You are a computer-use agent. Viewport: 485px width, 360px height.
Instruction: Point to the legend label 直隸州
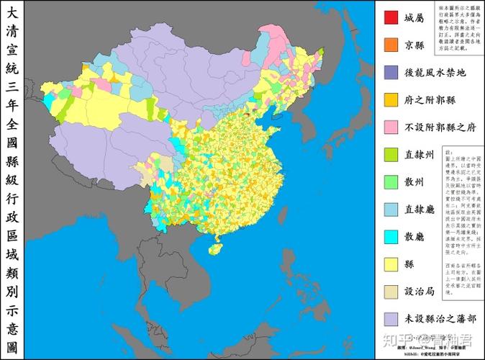(x=419, y=154)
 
